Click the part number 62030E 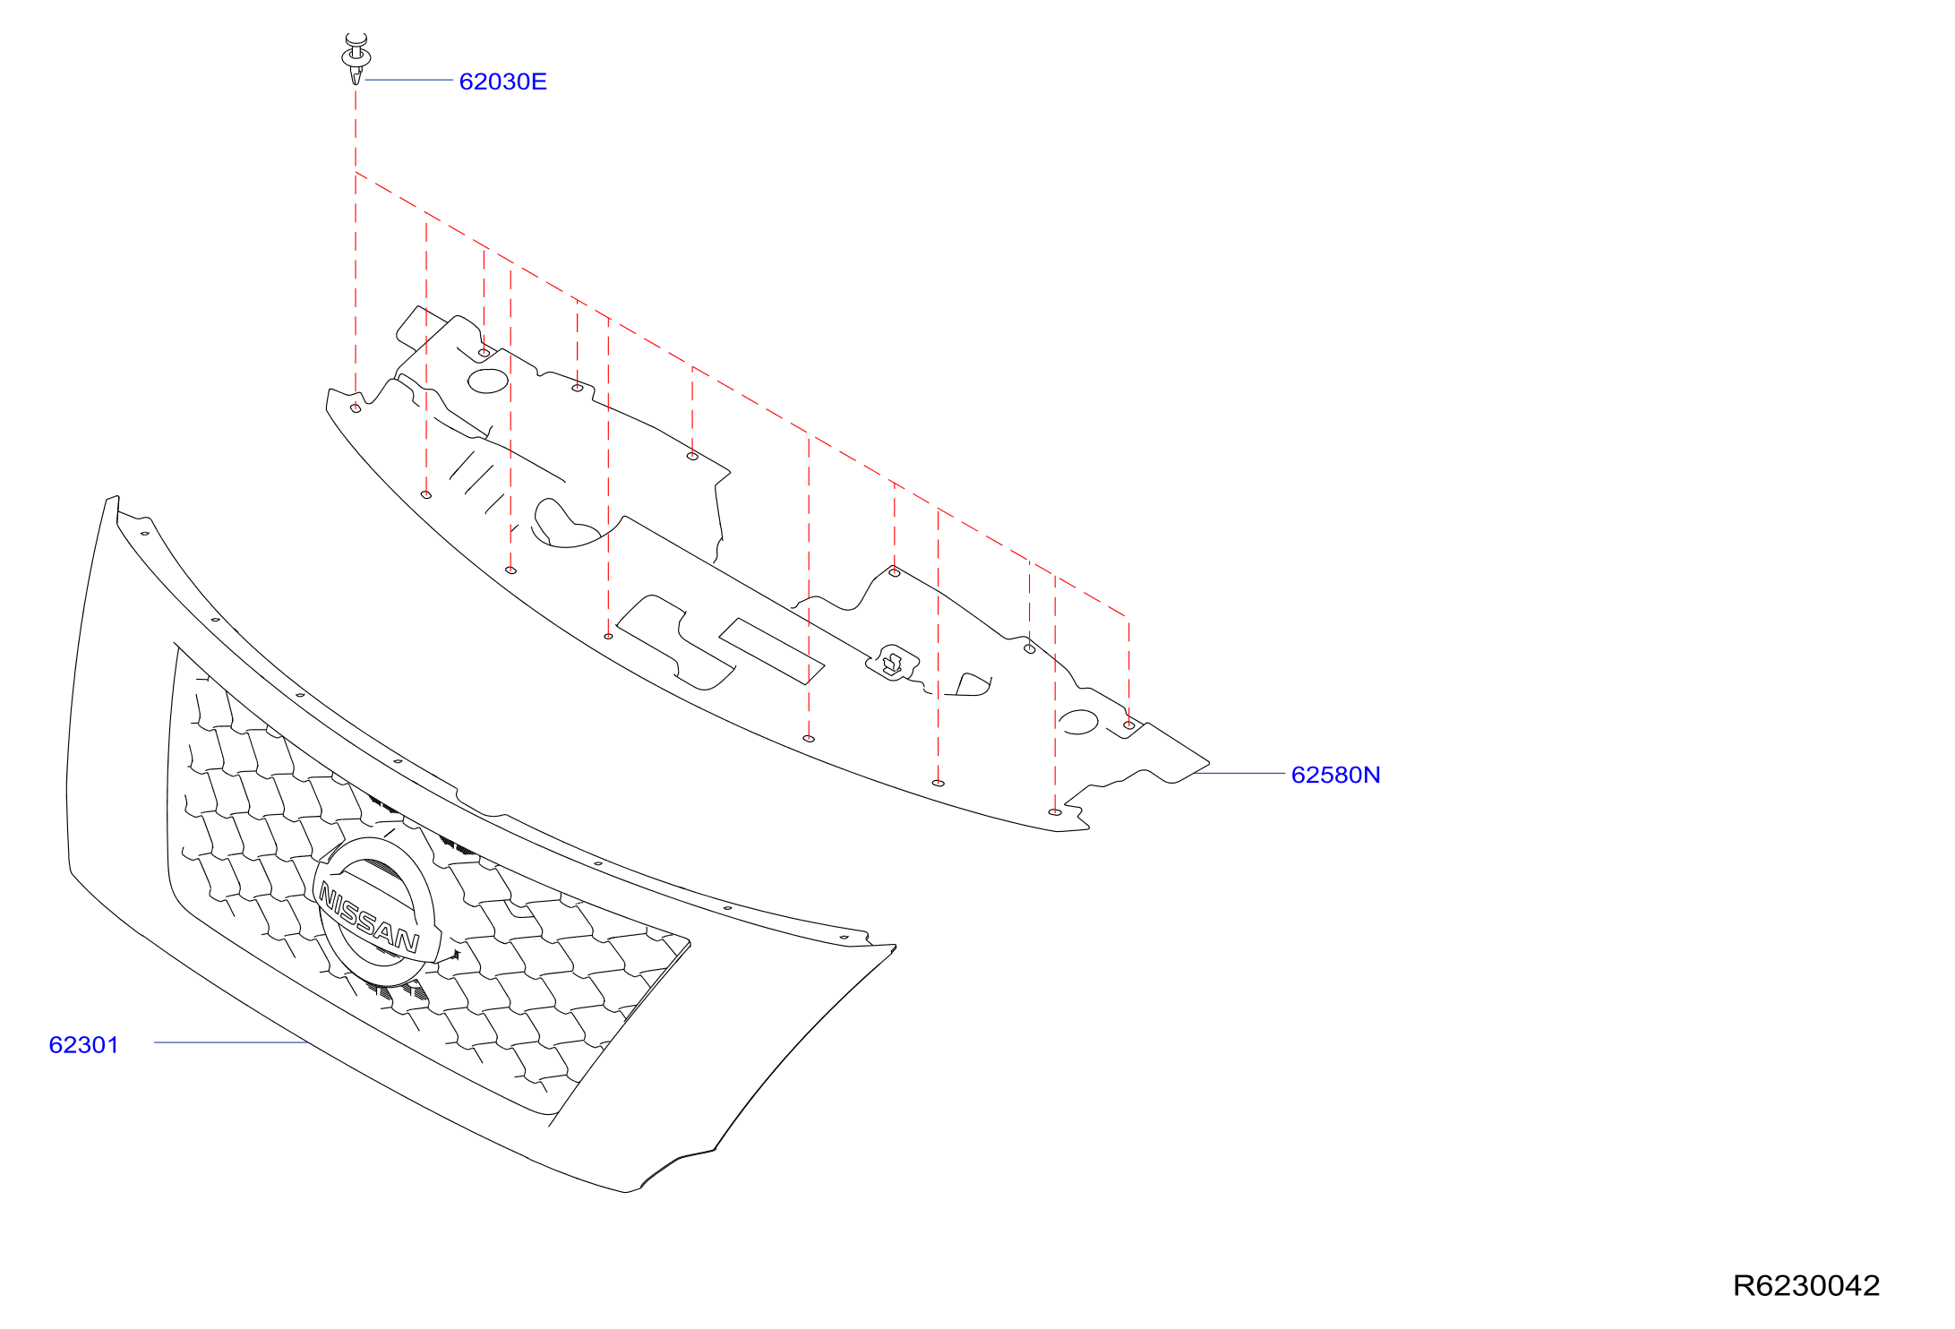(x=502, y=81)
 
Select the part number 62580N (x=1335, y=775)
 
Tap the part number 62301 (x=83, y=1044)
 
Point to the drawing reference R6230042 (x=1805, y=1285)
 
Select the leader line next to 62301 (x=231, y=1042)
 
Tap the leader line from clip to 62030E (x=409, y=80)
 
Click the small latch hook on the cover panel (x=892, y=663)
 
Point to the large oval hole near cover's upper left (x=488, y=382)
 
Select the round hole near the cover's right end (x=1078, y=722)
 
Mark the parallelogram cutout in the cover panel (x=771, y=651)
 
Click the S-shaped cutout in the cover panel (x=676, y=642)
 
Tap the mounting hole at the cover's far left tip (x=356, y=408)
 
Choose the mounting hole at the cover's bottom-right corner (x=1055, y=812)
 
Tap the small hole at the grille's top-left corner (x=145, y=534)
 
